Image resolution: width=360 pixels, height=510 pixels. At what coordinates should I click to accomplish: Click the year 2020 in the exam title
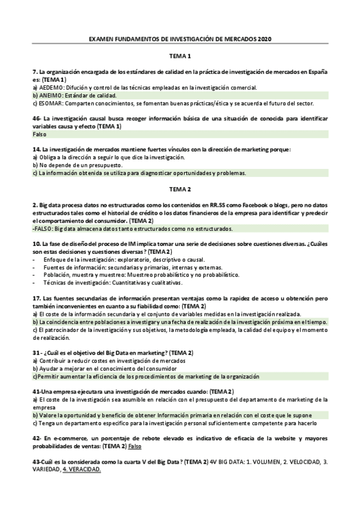click(265, 39)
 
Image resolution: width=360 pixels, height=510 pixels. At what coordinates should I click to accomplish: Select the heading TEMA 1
click(180, 57)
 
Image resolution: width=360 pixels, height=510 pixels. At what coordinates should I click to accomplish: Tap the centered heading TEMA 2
click(180, 189)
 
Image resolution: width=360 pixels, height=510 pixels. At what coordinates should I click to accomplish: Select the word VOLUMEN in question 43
click(267, 462)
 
